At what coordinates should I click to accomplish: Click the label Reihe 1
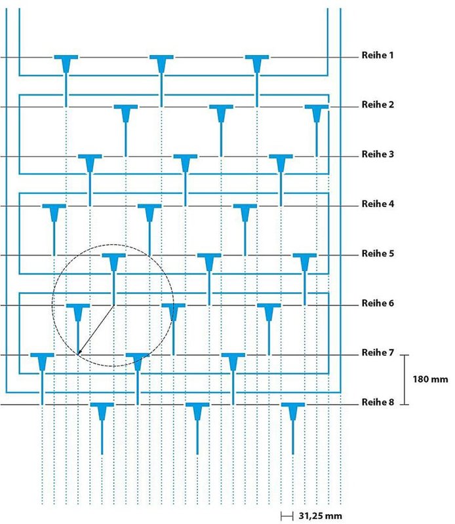pos(378,55)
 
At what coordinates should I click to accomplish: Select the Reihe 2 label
pos(378,105)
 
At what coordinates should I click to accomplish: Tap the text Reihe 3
pos(378,154)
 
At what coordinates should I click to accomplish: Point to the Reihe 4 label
pos(378,204)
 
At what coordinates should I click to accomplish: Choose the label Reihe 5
pos(378,253)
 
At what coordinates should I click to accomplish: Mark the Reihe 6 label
pos(378,303)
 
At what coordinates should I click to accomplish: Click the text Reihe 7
pos(378,352)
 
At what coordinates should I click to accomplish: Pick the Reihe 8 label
pos(378,402)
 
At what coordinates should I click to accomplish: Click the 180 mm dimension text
pos(430,379)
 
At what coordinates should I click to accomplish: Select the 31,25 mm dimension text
pos(320,515)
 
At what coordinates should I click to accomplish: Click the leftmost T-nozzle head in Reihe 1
pos(66,64)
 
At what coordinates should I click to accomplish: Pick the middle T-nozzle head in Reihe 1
pos(161,64)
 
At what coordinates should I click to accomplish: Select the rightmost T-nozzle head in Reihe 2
pos(317,113)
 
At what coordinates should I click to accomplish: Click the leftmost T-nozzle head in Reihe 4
pos(54,212)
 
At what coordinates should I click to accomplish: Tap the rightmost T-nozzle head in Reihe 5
pos(305,262)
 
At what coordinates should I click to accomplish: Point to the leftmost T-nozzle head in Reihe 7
pos(42,362)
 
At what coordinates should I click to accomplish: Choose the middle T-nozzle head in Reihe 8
pos(197,411)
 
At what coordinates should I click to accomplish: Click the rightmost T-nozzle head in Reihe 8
pos(293,411)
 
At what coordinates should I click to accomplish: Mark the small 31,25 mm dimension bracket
pos(287,516)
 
